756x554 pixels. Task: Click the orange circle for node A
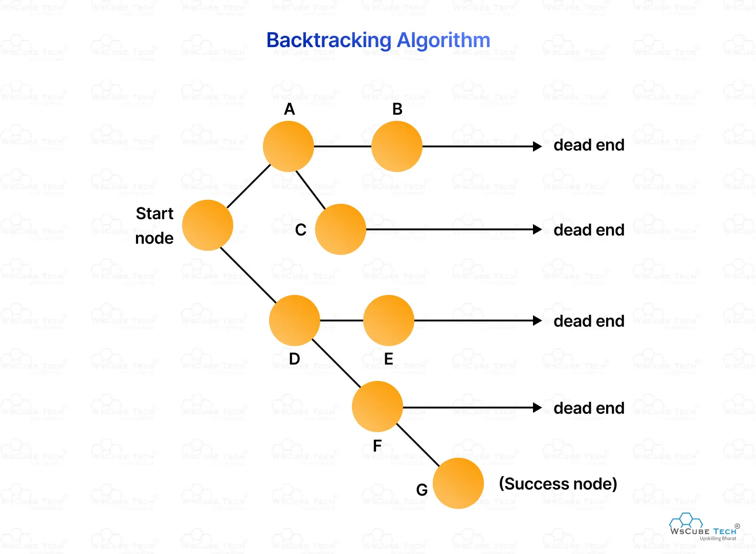[x=288, y=146]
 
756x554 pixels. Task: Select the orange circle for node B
[x=397, y=146]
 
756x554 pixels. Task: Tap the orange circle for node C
[x=341, y=229]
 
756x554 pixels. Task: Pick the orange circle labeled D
[x=295, y=321]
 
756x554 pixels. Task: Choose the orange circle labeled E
[x=389, y=321]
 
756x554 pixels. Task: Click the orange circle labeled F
[x=377, y=407]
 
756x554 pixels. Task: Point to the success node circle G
[x=458, y=483]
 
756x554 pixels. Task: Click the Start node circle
[x=208, y=225]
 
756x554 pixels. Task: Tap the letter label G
[x=422, y=490]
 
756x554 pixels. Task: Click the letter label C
[x=301, y=230]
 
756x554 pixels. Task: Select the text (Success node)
[x=558, y=484]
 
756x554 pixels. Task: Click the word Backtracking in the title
[x=328, y=40]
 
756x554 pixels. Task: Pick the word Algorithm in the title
[x=443, y=40]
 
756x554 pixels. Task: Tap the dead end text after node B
[x=589, y=145]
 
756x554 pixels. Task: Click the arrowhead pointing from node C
[x=537, y=229]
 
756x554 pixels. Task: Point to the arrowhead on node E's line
[x=537, y=321]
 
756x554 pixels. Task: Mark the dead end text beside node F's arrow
[x=589, y=408]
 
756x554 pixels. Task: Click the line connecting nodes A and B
[x=343, y=146]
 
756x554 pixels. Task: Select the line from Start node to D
[x=248, y=275]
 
